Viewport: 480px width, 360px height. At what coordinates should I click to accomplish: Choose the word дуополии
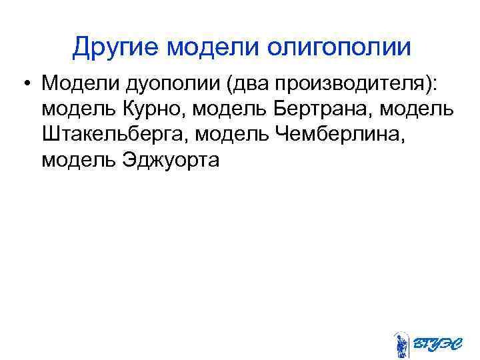[163, 85]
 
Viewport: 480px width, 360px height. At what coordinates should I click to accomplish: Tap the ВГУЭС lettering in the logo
[437, 344]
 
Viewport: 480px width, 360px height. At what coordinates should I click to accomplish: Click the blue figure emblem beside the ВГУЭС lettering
[401, 344]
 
